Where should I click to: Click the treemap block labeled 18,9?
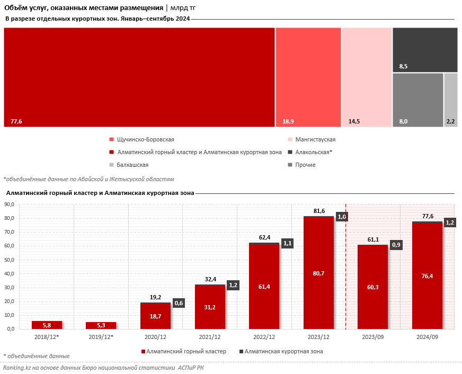tap(308, 77)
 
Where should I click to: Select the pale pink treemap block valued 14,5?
tap(366, 77)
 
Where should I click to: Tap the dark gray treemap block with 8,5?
tap(425, 49)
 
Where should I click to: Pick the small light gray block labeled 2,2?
tap(451, 100)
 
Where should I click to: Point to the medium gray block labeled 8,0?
tap(417, 100)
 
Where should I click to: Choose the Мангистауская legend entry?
tap(315, 140)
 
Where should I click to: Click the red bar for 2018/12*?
tap(47, 325)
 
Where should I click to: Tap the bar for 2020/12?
tap(155, 316)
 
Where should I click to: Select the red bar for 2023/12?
tap(318, 273)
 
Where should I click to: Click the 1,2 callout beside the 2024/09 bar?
tap(450, 222)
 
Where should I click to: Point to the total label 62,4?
tap(264, 238)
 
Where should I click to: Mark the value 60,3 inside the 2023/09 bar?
tap(373, 287)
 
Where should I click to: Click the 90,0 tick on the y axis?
tap(9, 204)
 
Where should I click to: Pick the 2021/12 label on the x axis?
tap(210, 336)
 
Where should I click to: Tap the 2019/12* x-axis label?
tap(101, 336)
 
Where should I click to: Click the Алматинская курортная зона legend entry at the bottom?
tap(285, 351)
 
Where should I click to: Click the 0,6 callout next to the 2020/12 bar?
tap(178, 303)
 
